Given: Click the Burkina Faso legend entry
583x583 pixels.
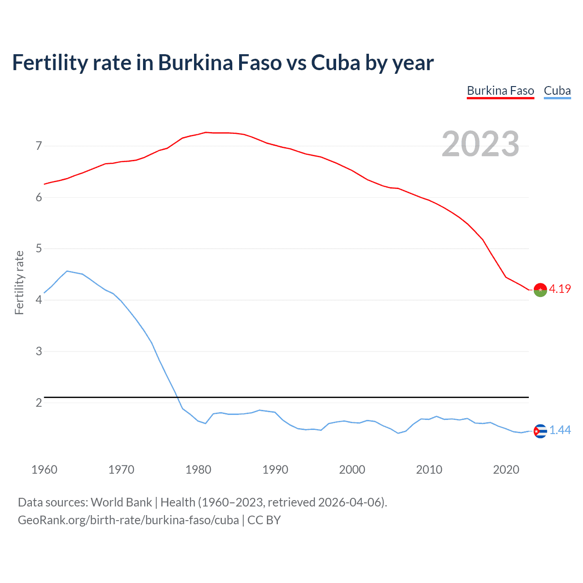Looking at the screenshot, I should pos(500,91).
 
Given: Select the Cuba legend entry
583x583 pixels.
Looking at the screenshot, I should pos(557,91).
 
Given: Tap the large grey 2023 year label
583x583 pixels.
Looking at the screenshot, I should pos(480,144).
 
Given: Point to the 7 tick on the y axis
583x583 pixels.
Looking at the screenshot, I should pos(39,146).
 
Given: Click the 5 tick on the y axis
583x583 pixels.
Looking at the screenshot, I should pos(39,249).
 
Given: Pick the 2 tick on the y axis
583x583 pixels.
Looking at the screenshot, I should pos(39,403).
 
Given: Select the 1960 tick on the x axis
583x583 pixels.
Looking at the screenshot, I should pos(44,470).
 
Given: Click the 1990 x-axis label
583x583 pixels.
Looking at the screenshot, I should pos(275,470).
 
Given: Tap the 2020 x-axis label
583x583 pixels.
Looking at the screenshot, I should pos(506,470).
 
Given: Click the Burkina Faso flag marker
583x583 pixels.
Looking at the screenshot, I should pos(540,290).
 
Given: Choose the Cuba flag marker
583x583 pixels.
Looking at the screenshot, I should pos(540,431).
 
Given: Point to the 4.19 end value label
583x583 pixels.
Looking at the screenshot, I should pos(560,289).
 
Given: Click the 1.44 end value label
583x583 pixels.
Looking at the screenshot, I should pos(560,430).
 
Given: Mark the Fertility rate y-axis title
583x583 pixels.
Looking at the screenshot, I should pos(19,282).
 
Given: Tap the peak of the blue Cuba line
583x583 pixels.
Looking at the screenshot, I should pos(67,271).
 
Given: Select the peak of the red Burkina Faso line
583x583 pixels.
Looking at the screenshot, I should pos(205,132).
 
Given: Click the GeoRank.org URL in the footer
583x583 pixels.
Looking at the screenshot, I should pos(128,520).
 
